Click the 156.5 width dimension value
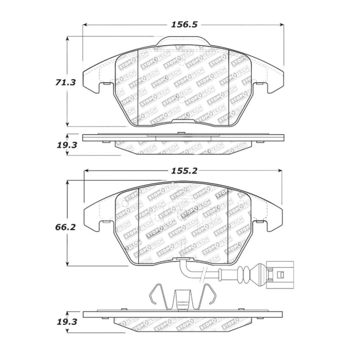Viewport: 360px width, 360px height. (184, 25)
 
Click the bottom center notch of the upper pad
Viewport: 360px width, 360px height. (183, 122)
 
